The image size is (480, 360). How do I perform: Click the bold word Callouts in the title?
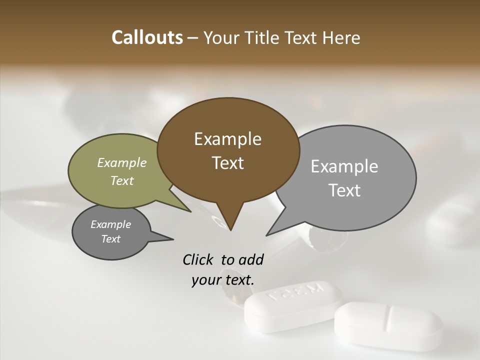tap(147, 37)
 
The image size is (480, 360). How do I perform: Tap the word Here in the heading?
tap(341, 38)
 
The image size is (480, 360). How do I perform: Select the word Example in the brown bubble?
tap(227, 139)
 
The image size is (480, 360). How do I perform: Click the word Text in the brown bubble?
tap(227, 163)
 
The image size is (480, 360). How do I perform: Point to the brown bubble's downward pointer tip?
tap(230, 230)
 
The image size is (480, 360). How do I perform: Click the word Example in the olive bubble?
tap(122, 163)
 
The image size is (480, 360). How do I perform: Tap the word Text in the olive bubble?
tap(122, 181)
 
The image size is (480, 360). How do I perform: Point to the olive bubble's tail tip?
tap(191, 212)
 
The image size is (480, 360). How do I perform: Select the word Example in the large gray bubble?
tap(344, 166)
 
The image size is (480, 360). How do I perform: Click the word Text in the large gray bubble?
tap(344, 190)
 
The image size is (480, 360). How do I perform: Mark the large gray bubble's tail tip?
tap(266, 235)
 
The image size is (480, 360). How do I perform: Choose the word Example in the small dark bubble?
tap(111, 224)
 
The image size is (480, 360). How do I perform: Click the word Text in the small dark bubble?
tap(111, 239)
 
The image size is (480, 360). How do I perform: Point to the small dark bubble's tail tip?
tap(173, 239)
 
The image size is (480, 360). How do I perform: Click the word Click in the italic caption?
tap(198, 259)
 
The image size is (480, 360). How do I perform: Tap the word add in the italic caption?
tap(251, 259)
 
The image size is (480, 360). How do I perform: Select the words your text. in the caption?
tap(223, 280)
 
